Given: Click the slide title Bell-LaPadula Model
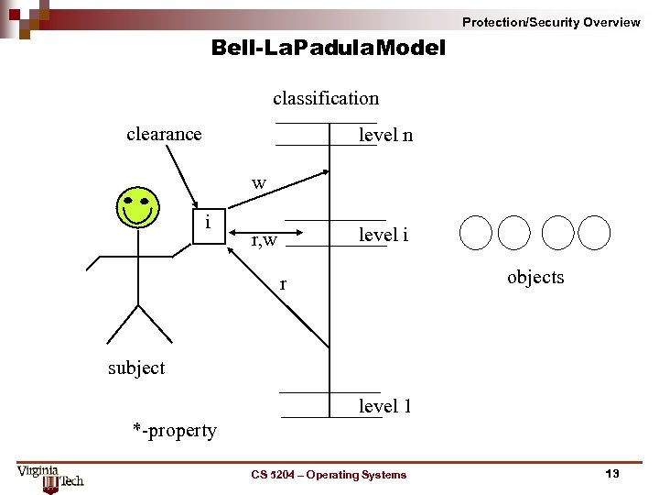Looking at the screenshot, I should pos(328,48).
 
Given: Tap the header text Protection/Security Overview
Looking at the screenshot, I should pos(551,22).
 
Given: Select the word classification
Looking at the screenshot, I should pos(325,98).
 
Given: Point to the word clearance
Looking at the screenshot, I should pos(164,134).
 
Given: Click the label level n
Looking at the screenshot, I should pos(385,136).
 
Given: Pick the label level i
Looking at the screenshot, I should pos(384,235).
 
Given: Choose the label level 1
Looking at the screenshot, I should pos(384,406).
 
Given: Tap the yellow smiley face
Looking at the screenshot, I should pos(137,207).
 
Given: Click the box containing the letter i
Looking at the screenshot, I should pos(210,225).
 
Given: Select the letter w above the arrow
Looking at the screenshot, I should pos(259,183).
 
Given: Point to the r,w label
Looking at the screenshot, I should pos(264,241).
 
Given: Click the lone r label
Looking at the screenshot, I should pos(283,285).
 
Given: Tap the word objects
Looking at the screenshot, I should pos(535,277).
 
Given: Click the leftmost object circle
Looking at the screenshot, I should pos(476,233).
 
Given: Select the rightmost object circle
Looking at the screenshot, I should pos(594,233).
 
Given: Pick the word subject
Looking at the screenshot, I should pos(136,368).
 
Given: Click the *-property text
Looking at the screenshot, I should pos(175,430).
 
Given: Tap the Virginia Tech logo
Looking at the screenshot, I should pos(50,475).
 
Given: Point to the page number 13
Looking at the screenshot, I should pos(612,473).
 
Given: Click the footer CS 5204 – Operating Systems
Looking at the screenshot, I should pos(329,474).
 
